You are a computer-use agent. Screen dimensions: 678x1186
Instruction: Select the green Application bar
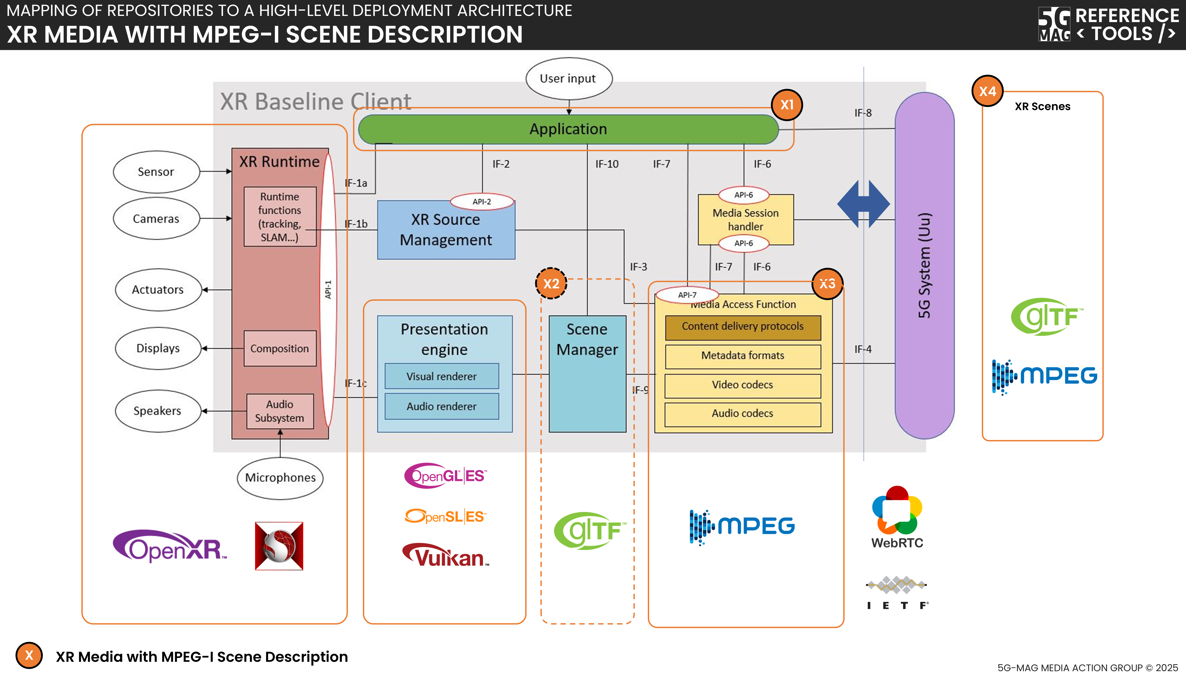pyautogui.click(x=568, y=129)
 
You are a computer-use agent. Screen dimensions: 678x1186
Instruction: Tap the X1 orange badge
pyautogui.click(x=787, y=105)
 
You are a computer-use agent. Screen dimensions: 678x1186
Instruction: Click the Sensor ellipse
pyautogui.click(x=156, y=172)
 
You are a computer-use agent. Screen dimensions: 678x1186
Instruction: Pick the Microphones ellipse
pyautogui.click(x=280, y=478)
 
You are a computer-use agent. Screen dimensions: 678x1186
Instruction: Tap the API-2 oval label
pyautogui.click(x=482, y=202)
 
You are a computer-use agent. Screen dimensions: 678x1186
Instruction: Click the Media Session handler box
pyautogui.click(x=746, y=220)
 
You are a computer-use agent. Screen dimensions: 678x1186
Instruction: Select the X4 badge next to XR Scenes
pyautogui.click(x=987, y=91)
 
